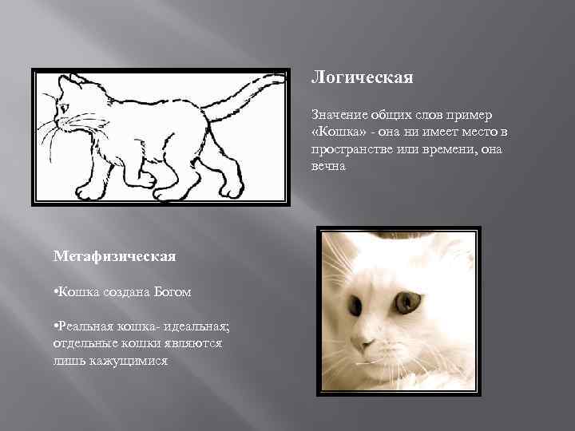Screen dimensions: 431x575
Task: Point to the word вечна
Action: point(329,166)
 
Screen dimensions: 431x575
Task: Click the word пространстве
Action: point(352,148)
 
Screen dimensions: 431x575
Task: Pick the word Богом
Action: point(172,292)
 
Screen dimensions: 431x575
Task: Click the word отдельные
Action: point(85,344)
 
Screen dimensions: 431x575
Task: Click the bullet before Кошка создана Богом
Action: point(56,292)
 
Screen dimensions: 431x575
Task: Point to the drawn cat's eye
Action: point(64,107)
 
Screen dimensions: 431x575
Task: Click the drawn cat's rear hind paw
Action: point(232,189)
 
